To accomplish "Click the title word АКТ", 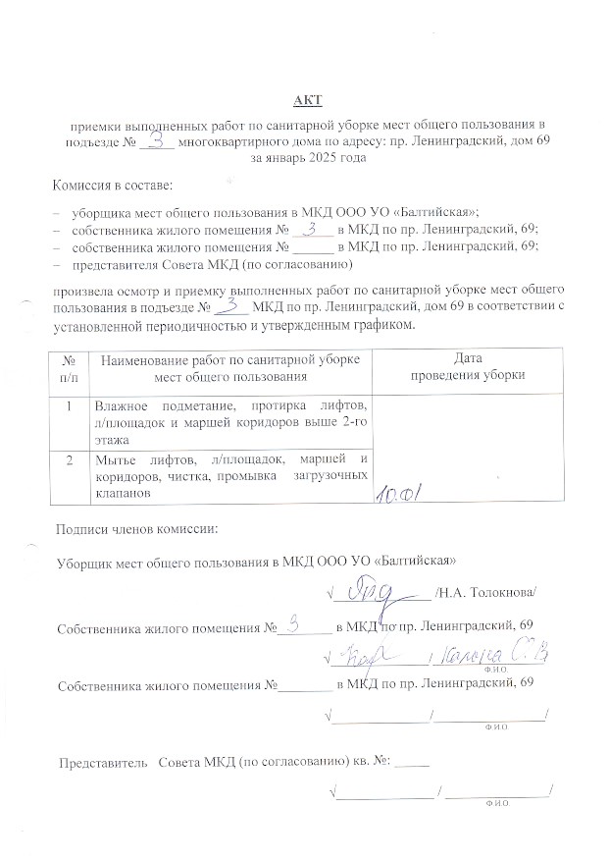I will pos(307,100).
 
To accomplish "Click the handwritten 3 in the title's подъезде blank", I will pos(157,139).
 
